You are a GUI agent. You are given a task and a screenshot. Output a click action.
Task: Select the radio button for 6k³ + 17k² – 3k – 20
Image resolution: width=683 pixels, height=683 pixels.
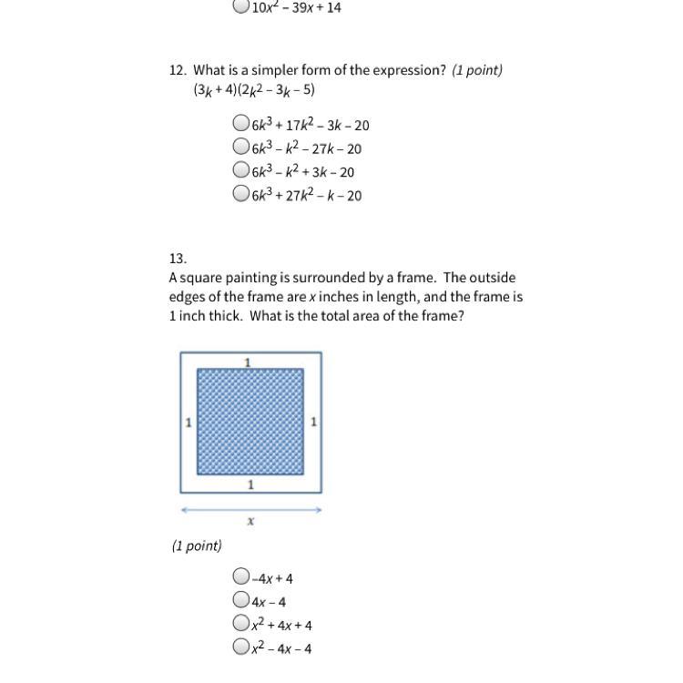coord(240,123)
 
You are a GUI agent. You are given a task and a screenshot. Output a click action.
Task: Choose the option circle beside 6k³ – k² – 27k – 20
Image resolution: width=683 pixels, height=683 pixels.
coord(240,146)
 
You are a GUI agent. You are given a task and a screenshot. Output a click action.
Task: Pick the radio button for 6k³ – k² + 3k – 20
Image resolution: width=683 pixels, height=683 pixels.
coord(240,169)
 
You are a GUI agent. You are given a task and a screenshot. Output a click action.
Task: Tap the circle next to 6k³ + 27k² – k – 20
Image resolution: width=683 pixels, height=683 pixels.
coord(240,192)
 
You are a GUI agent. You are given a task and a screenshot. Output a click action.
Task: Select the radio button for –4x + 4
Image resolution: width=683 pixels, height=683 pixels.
coord(240,576)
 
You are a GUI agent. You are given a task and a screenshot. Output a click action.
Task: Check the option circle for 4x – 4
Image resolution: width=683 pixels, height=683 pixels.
coord(240,599)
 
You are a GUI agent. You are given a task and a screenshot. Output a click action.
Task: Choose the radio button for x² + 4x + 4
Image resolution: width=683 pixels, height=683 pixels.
coord(240,623)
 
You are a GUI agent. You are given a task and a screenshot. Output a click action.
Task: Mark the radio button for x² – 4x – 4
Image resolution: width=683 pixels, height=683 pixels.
coord(240,647)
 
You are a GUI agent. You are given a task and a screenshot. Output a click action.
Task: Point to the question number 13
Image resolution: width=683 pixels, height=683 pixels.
coord(178,258)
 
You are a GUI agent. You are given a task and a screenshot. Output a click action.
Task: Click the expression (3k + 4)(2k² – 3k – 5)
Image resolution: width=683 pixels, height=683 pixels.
coord(254,90)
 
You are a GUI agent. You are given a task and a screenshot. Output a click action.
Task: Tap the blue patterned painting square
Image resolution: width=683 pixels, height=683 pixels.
coord(250,422)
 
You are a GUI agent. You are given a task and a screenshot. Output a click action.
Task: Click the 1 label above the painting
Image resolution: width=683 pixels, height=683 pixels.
coord(248,362)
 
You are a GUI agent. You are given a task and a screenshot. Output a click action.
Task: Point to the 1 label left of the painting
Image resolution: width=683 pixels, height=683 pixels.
coord(188,423)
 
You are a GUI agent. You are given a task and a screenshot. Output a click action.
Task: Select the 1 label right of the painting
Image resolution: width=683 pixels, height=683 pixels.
coord(313,422)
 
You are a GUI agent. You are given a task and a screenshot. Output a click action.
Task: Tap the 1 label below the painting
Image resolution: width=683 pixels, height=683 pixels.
coord(250,484)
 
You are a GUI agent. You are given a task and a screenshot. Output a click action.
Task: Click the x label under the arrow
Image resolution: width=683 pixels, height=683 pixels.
coord(250,522)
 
